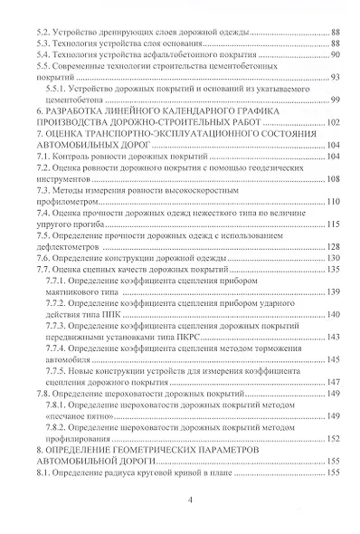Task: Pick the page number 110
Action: (331, 201)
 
